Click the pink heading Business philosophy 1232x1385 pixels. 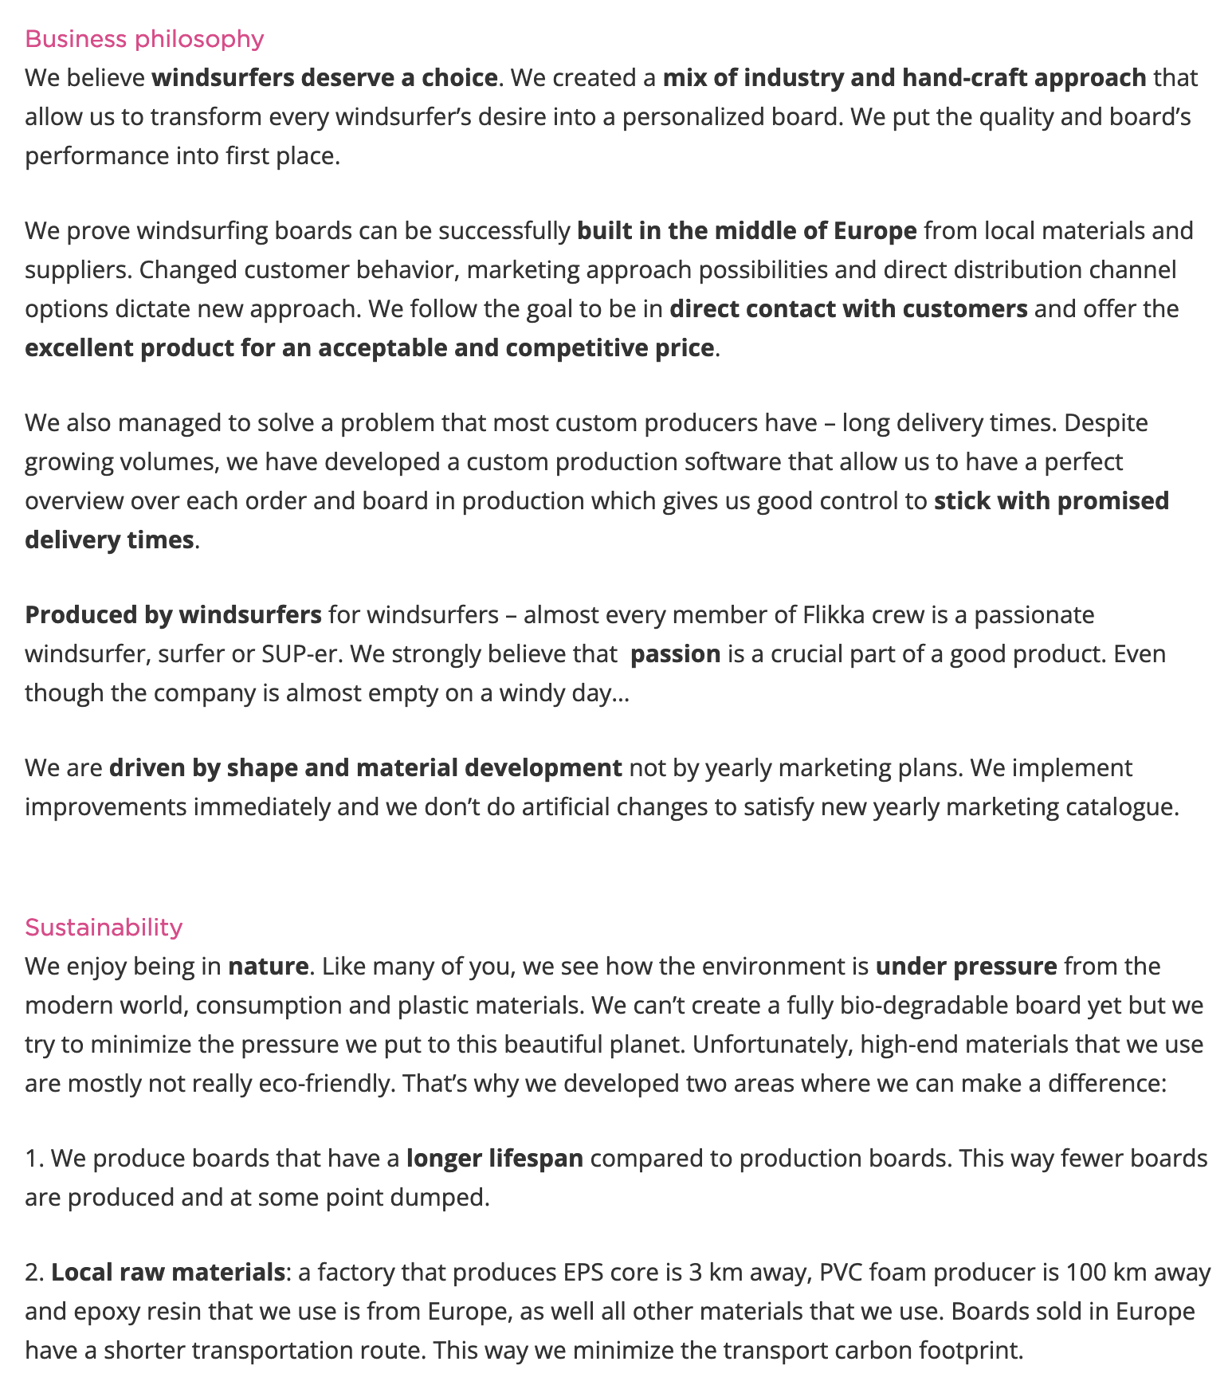pyautogui.click(x=144, y=39)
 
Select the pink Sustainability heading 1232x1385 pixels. pyautogui.click(x=104, y=927)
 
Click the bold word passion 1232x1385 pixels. pyautogui.click(x=675, y=654)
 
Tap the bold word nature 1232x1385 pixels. pyautogui.click(x=268, y=967)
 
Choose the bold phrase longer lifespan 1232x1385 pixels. pyautogui.click(x=494, y=1158)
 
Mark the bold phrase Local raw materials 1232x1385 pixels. pyautogui.click(x=167, y=1273)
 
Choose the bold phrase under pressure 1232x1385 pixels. pyautogui.click(x=966, y=967)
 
